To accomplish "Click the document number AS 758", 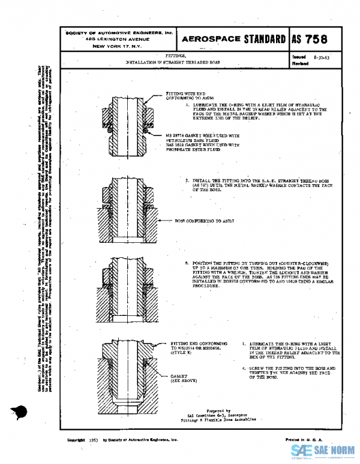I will click(310, 40).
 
